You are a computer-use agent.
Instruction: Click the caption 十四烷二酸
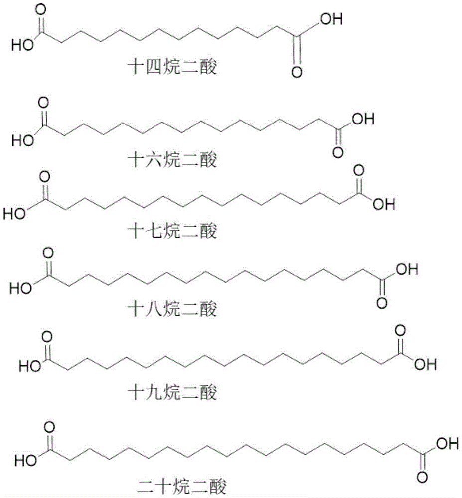[172, 67]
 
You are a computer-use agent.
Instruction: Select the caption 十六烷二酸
[172, 159]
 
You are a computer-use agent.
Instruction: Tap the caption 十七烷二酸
[172, 231]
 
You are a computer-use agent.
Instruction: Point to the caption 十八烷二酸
[172, 309]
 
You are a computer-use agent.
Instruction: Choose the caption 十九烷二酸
[172, 392]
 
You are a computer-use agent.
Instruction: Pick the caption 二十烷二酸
[182, 487]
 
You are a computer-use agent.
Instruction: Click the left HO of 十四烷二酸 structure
[22, 45]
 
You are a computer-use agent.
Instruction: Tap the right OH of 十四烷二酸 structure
[331, 19]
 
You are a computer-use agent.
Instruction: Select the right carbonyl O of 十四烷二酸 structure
[297, 72]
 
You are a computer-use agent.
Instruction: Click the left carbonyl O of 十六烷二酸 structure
[43, 103]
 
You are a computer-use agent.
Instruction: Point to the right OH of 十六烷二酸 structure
[363, 119]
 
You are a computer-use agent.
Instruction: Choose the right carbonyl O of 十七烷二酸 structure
[359, 171]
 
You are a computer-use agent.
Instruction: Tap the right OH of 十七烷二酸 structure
[384, 204]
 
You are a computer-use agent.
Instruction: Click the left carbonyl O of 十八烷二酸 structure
[48, 253]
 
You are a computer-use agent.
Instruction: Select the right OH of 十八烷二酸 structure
[407, 269]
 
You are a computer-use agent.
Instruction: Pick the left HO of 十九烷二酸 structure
[30, 366]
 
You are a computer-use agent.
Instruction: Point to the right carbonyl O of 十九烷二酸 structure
[400, 330]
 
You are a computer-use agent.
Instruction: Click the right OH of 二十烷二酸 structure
[448, 443]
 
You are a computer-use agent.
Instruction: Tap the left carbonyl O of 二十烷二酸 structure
[49, 427]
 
